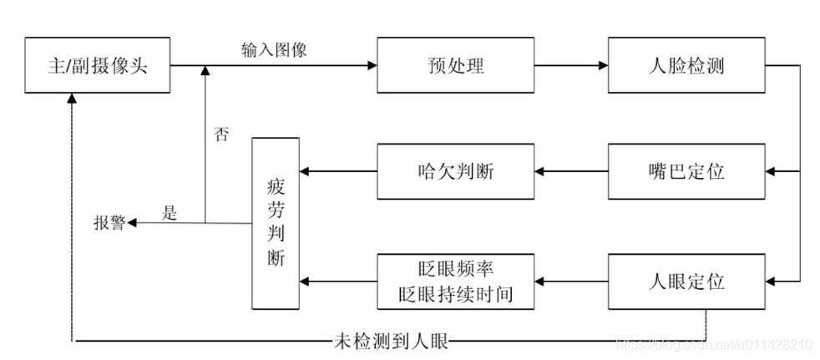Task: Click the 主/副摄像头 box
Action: click(x=98, y=64)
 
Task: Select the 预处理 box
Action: click(x=454, y=64)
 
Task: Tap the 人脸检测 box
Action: click(x=686, y=64)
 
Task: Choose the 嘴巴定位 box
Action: click(x=686, y=171)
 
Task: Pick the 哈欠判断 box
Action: click(x=454, y=171)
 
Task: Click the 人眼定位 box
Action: click(x=686, y=281)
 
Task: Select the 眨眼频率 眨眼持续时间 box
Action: click(x=454, y=281)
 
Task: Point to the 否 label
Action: click(x=221, y=134)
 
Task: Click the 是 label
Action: click(x=170, y=213)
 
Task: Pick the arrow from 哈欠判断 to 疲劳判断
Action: click(x=338, y=171)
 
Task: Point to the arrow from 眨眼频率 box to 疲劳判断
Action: click(x=338, y=281)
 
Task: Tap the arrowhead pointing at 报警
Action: click(x=133, y=223)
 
